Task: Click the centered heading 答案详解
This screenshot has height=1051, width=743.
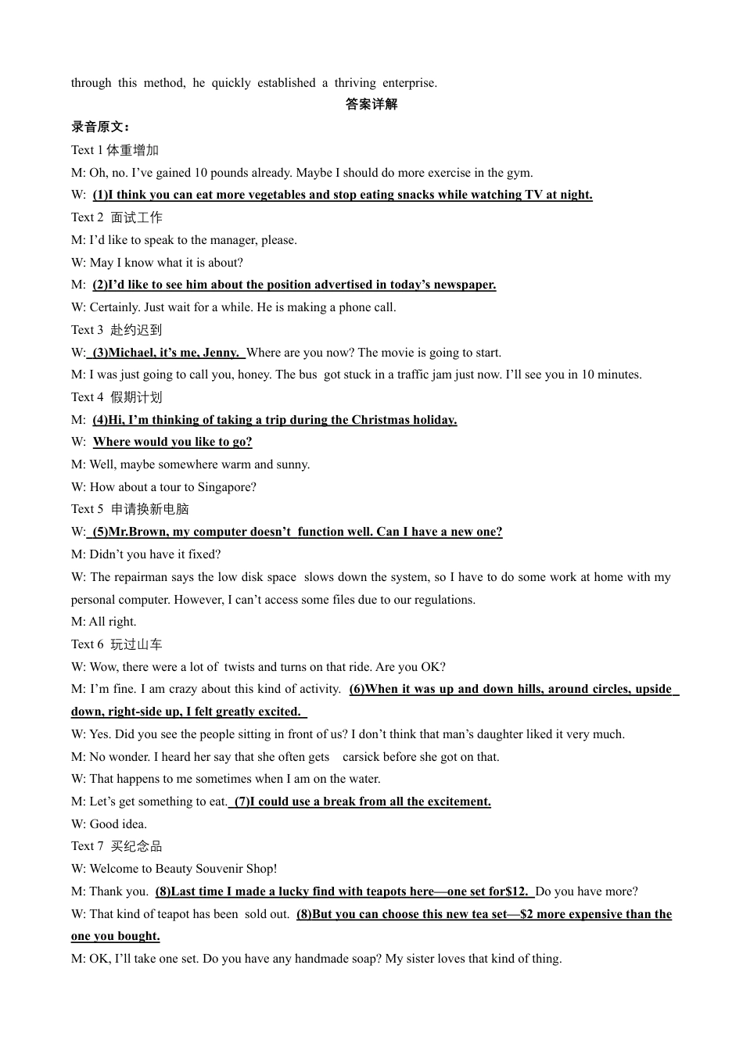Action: point(371,105)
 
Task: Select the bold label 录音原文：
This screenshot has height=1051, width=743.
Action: point(101,127)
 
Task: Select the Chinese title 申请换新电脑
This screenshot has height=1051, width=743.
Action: point(149,509)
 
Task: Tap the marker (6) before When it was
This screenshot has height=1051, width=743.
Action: point(357,689)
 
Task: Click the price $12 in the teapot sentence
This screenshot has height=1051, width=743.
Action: point(515,891)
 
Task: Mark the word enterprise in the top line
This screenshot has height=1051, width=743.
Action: point(410,83)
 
